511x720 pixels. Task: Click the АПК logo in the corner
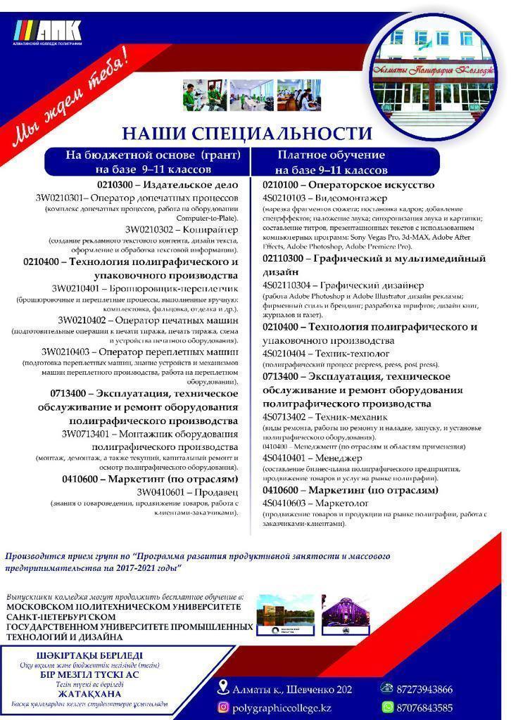[49, 33]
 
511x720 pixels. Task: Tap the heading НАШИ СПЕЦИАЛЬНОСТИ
[246, 133]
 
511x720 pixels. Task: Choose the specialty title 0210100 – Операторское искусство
[348, 185]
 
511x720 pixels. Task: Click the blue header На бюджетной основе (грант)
[148, 155]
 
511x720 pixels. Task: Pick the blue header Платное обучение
[331, 155]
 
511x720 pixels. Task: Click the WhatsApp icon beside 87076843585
[387, 707]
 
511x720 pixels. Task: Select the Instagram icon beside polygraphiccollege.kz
[223, 707]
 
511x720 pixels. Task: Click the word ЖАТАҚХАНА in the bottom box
[86, 693]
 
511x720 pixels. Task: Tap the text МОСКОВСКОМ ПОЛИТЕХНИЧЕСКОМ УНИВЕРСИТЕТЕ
[123, 606]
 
